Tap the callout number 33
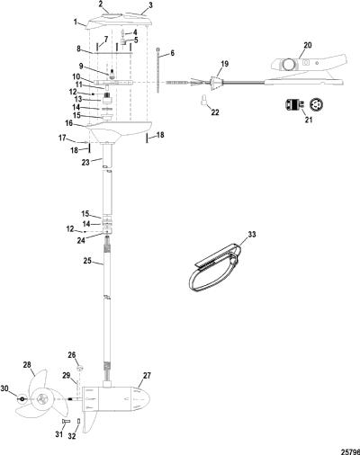[x=252, y=234]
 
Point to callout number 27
[x=147, y=376]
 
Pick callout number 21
[x=309, y=120]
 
